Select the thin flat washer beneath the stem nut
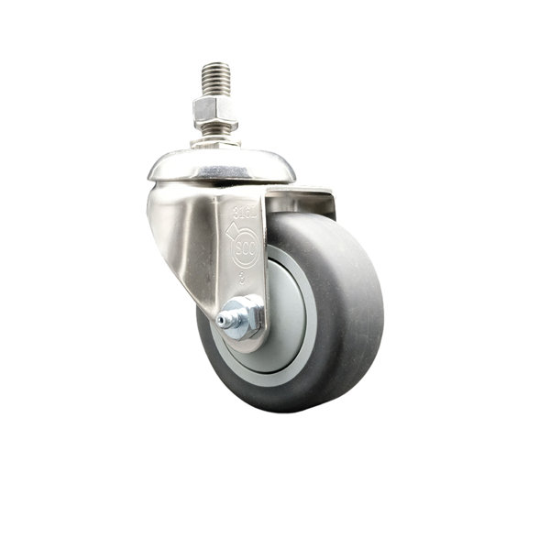[x=216, y=143]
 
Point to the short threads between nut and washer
[x=215, y=134]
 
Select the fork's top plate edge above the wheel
[x=302, y=192]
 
